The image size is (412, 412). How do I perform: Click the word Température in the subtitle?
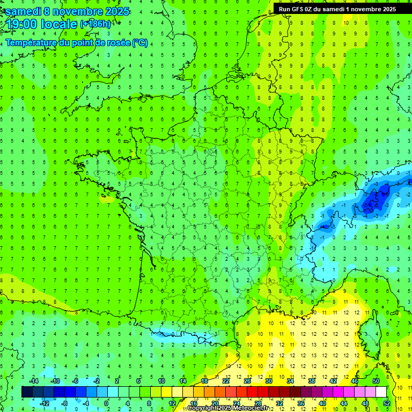30,43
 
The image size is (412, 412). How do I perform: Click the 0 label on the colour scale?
106,403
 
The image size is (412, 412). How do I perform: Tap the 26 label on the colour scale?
247,381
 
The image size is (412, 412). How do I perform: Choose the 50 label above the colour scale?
377,381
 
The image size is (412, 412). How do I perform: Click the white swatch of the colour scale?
380,392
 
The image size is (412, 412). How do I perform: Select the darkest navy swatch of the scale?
27,392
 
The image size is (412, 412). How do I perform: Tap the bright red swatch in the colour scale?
252,392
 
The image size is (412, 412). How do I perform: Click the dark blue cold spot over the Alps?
376,200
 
